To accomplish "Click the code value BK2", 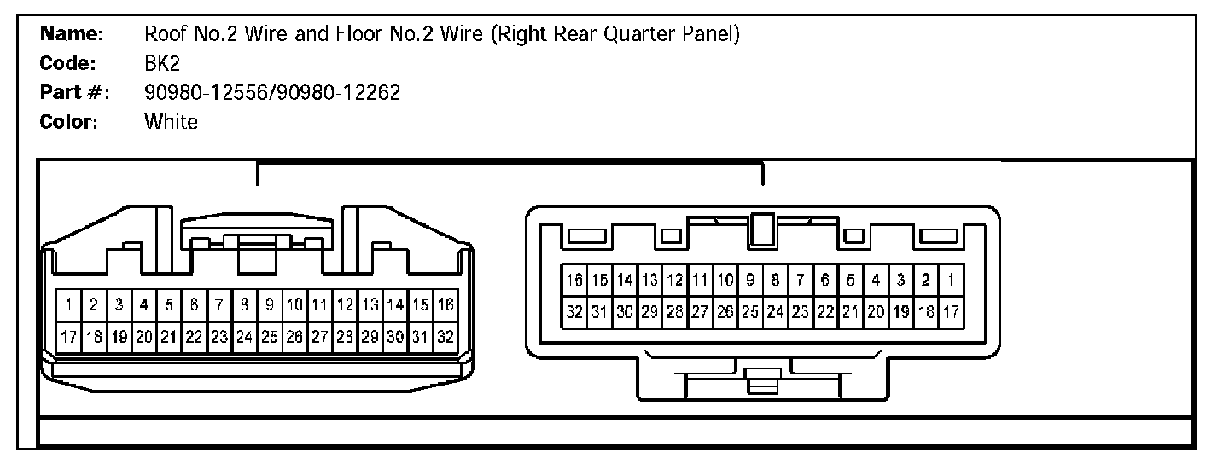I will (x=162, y=64).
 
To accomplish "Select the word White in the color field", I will (x=171, y=121).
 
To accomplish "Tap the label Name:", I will (x=73, y=34).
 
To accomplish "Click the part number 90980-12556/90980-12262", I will (x=272, y=93).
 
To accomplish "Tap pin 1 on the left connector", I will (x=68, y=304).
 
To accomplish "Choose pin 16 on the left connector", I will (x=445, y=304).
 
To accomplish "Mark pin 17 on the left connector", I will (x=68, y=337).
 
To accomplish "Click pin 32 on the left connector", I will (x=445, y=337).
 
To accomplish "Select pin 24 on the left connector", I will (x=244, y=337).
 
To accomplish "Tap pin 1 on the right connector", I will (x=950, y=279).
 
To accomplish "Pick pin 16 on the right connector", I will (x=574, y=279).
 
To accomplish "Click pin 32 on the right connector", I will (x=574, y=312).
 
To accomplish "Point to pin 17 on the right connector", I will (x=950, y=312).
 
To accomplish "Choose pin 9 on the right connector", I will (x=750, y=279).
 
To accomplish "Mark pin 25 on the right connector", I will (x=750, y=312).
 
